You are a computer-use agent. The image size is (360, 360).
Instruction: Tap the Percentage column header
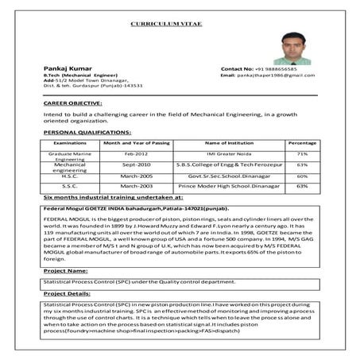tap(302, 142)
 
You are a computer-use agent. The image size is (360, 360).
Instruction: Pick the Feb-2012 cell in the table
tap(136, 153)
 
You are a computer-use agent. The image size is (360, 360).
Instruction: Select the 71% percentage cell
tap(302, 153)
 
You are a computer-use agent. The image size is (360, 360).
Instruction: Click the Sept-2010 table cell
tap(136, 165)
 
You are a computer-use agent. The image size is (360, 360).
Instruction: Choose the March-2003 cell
tap(136, 186)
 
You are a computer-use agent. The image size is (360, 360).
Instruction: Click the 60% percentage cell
tap(302, 176)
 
